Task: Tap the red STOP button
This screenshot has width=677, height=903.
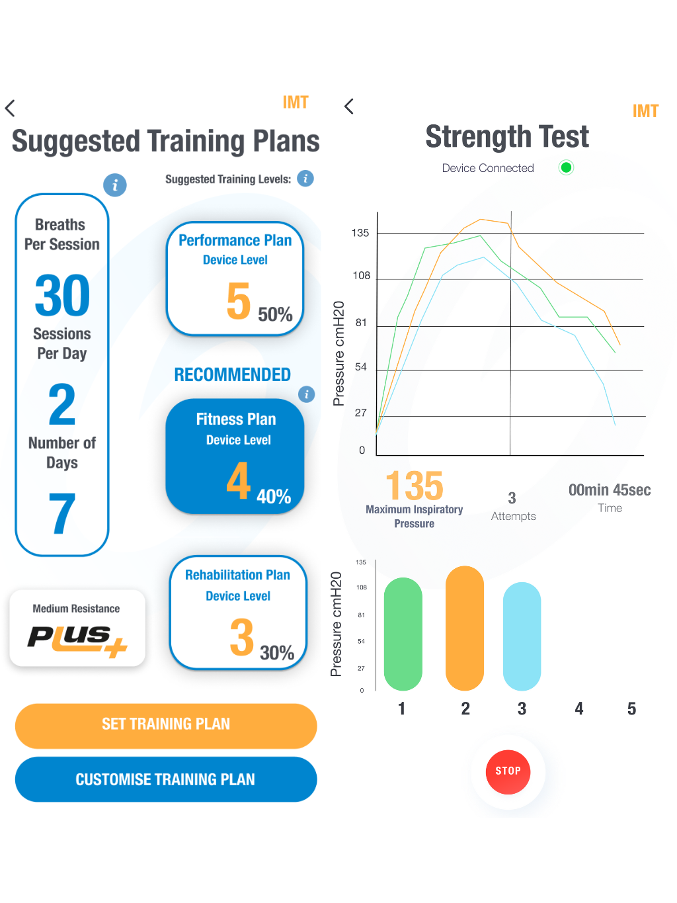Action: [508, 771]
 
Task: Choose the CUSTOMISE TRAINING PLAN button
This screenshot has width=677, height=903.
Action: [166, 779]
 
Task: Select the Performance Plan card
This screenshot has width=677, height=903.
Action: [235, 279]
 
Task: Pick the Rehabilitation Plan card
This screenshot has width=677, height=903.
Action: [238, 613]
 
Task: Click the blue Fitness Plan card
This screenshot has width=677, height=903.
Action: [235, 456]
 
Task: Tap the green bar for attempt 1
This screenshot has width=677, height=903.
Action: [403, 634]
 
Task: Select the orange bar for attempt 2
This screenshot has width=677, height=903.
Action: [465, 628]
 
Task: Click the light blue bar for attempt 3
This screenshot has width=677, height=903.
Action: [522, 636]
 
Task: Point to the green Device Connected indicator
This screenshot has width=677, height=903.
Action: [566, 167]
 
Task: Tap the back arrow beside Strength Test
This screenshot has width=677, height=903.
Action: [349, 107]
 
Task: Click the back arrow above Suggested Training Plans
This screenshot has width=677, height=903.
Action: [10, 108]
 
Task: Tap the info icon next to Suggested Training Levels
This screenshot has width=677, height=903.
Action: [305, 179]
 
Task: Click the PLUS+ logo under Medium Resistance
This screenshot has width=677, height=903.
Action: [77, 639]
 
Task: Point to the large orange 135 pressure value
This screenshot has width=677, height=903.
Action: [415, 486]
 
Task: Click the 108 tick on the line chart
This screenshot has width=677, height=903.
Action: [362, 276]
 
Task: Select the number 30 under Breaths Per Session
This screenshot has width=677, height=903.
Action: [62, 296]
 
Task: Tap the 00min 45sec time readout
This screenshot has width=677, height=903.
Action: [610, 490]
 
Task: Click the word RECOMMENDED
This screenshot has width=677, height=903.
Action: [232, 374]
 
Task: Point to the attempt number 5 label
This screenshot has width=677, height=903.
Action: [631, 709]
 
